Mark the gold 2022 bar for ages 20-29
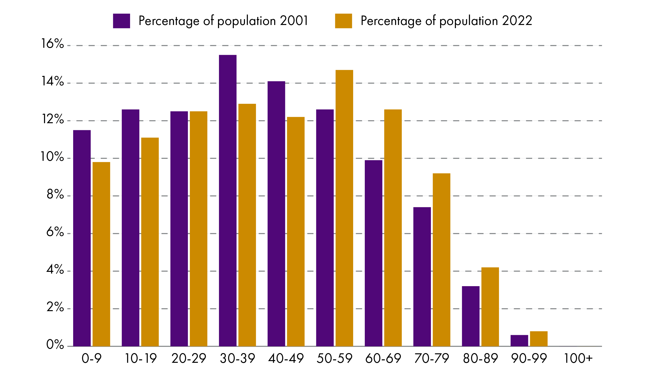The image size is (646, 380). coord(198,229)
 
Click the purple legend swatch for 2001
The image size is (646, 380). coord(122,21)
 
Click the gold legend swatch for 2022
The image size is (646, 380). coord(343,21)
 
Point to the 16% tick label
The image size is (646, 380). coord(52,44)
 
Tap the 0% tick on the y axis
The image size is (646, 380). coord(55,345)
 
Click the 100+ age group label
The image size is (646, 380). coord(578,359)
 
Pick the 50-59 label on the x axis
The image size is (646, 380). coord(334,359)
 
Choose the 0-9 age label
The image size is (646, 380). coord(92,359)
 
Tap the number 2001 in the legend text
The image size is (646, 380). coord(294,21)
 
